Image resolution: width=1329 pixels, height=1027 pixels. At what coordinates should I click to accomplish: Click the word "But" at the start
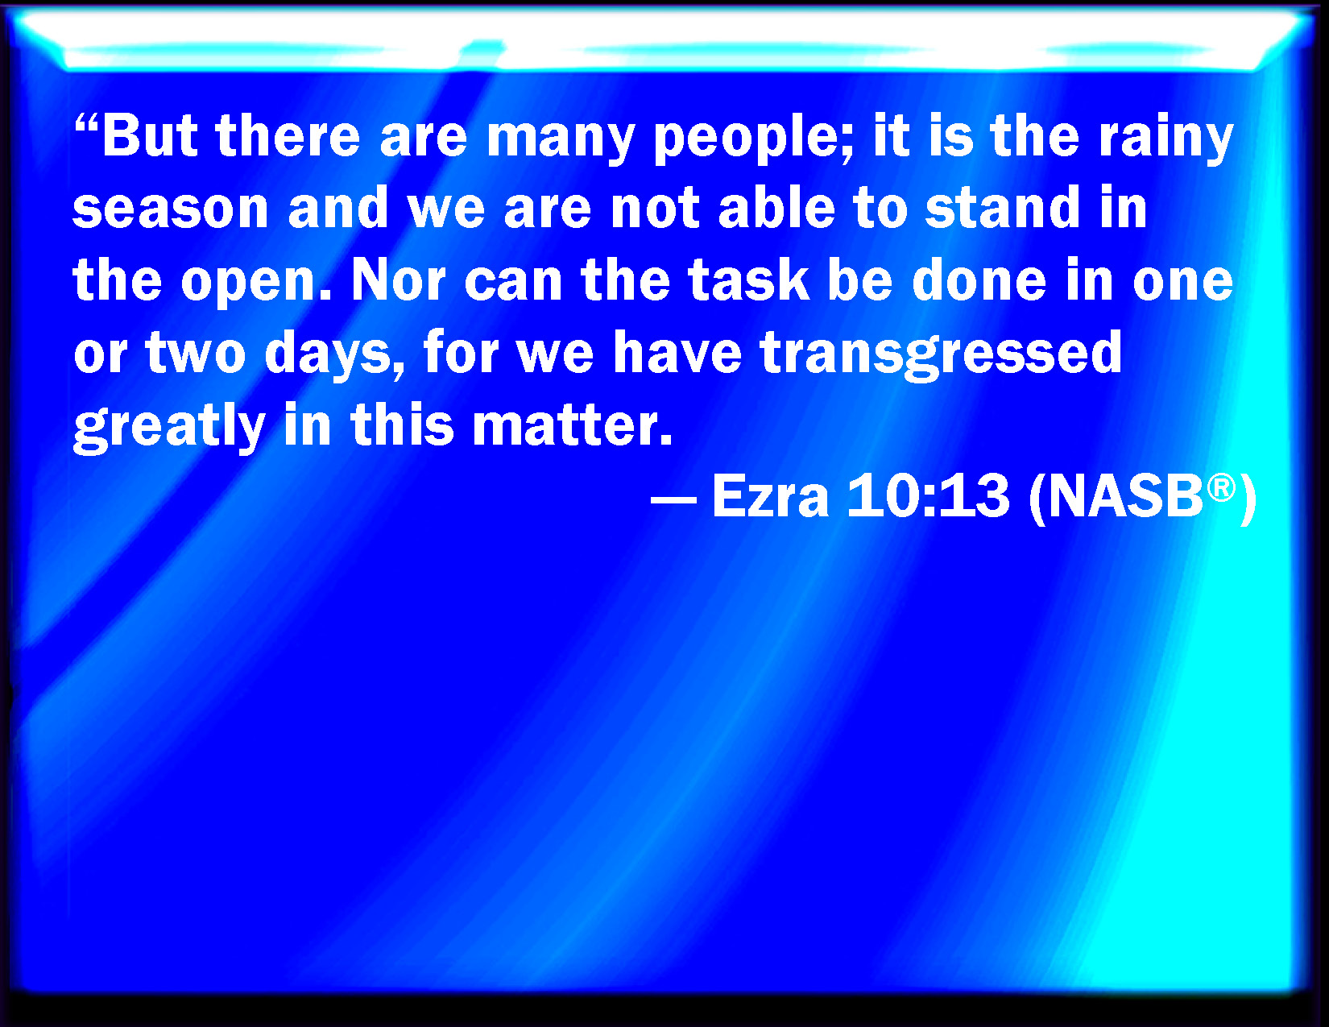(x=150, y=135)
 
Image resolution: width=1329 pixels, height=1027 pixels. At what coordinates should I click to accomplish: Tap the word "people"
(x=753, y=139)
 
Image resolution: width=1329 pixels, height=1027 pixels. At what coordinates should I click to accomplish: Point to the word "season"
(x=171, y=209)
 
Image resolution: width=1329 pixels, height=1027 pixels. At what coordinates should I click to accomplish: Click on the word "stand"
(x=1002, y=206)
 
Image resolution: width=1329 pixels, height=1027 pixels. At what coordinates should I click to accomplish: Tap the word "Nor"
(x=399, y=280)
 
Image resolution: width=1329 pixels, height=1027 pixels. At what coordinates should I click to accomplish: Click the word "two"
(x=195, y=354)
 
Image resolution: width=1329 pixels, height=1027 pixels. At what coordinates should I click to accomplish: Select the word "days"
(x=334, y=355)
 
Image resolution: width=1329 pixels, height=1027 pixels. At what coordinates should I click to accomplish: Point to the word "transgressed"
(x=941, y=355)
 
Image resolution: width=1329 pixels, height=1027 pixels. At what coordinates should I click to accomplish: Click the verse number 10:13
(x=928, y=497)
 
